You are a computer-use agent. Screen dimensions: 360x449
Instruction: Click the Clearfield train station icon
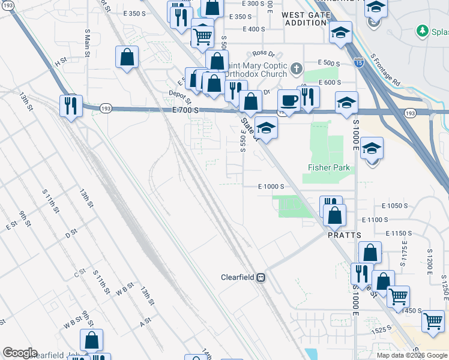261,278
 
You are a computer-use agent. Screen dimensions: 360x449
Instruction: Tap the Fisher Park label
328,167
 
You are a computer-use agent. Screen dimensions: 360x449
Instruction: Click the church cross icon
296,69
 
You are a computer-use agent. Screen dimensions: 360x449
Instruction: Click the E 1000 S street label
271,187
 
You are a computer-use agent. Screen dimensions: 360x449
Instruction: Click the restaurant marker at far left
71,106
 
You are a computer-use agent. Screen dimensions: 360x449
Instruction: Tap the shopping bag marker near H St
127,58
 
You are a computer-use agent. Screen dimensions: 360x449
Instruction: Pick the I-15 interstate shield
359,62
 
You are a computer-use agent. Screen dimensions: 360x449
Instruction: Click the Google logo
20,353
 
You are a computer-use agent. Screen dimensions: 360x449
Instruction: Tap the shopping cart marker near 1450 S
398,296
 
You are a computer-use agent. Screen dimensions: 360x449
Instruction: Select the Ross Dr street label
263,53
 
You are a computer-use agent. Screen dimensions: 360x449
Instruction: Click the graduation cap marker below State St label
266,127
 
